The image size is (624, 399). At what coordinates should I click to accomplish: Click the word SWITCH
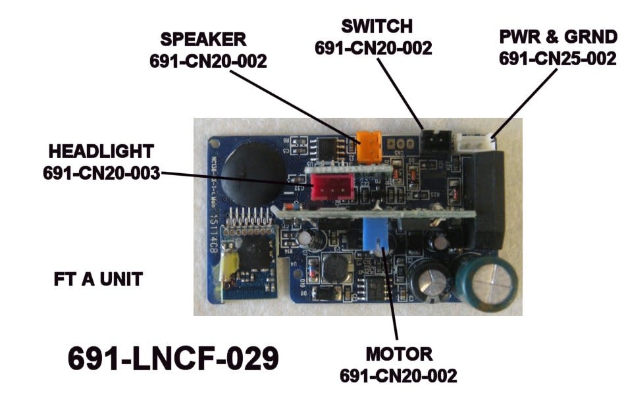376,26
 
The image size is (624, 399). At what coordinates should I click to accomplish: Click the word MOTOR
400,354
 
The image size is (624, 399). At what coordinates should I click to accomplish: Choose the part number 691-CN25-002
558,59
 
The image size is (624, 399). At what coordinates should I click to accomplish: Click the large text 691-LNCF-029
173,359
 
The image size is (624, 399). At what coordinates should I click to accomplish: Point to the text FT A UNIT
98,279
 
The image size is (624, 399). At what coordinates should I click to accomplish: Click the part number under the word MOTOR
398,376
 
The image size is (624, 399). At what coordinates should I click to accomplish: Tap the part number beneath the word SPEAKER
209,61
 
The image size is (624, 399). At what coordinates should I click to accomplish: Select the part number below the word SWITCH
373,48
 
